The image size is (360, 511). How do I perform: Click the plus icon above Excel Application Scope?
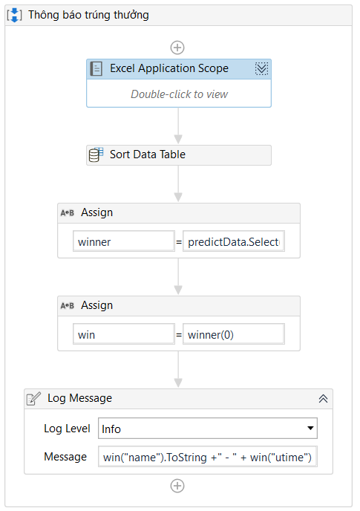coord(177,48)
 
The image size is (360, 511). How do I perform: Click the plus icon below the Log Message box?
coord(177,486)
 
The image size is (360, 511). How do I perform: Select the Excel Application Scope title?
coord(169,68)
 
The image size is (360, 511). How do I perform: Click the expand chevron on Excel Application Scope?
coord(261,69)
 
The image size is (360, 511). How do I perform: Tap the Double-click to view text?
coord(179,94)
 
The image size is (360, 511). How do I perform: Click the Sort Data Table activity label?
coord(148,154)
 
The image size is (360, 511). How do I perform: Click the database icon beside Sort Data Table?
coord(96,154)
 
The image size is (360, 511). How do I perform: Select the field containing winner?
coord(124,241)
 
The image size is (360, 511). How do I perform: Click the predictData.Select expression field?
coord(234,241)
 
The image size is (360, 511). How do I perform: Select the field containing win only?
coord(124,334)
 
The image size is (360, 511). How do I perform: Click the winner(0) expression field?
coord(234,334)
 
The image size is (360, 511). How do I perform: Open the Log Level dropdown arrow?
coord(310,429)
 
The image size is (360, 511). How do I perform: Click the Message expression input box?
coord(208,457)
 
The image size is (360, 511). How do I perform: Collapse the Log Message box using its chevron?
coord(323,398)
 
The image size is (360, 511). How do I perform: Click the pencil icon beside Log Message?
coord(33,398)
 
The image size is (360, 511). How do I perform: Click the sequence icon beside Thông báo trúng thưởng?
coord(15,15)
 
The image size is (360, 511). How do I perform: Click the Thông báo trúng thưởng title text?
coord(88,15)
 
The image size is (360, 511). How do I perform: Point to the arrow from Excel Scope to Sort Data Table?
coord(178,126)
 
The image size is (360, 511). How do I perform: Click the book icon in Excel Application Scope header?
coord(96,69)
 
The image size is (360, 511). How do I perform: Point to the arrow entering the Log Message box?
coord(178,369)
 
